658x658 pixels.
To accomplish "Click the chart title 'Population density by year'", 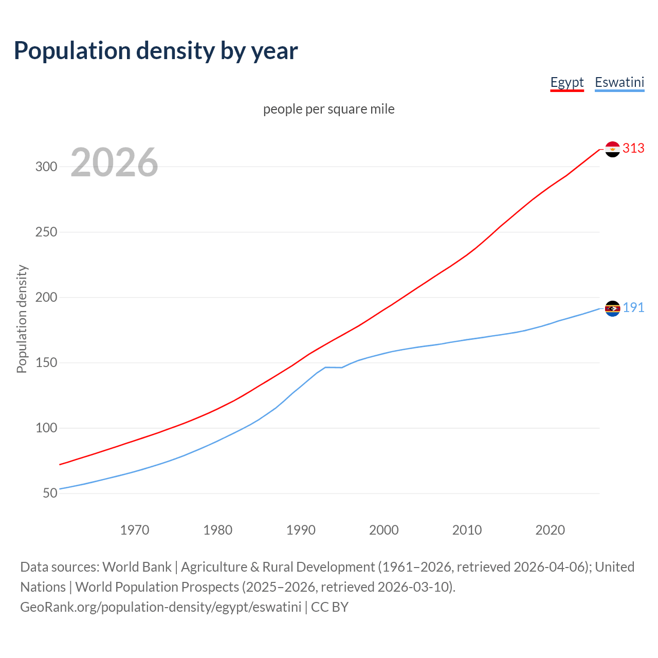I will point(156,51).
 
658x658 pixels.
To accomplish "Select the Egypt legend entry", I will point(566,82).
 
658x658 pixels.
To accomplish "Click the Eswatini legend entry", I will point(619,82).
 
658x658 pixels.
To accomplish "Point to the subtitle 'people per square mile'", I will point(328,109).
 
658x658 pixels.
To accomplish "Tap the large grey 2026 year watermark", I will point(114,162).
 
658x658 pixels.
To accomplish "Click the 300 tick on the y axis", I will point(46,167).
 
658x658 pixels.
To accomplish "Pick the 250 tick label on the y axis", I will point(46,232).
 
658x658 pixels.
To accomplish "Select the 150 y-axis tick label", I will point(46,363).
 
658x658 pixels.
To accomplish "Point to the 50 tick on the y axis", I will point(50,493).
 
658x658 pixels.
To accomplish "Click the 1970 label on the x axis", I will point(135,530).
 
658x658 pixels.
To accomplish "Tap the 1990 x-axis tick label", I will point(301,530).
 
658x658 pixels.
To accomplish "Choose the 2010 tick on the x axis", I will point(467,530).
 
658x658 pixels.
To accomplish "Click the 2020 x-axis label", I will point(550,530).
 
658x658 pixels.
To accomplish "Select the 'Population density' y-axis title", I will point(22,319).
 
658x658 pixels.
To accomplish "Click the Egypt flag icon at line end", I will point(612,149).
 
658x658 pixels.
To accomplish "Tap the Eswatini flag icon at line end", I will point(612,308).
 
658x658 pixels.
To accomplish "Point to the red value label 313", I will point(633,149).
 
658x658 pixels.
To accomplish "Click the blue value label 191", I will point(633,308).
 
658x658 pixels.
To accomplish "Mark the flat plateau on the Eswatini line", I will point(333,368).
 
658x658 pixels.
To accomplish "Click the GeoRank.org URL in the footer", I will point(160,607).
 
